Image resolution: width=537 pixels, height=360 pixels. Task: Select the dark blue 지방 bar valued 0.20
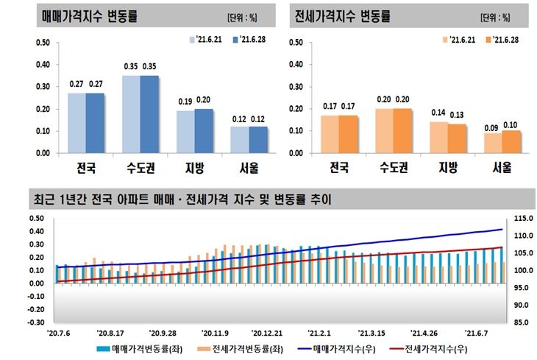(x=204, y=131)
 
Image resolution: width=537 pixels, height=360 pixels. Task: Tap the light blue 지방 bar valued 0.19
(x=186, y=133)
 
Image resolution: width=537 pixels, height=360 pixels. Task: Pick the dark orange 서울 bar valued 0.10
(x=511, y=142)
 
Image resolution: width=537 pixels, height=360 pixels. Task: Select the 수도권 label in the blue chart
(x=140, y=168)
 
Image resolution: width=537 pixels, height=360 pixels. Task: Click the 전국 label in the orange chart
(x=339, y=168)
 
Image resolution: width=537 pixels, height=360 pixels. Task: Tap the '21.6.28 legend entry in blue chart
(x=246, y=40)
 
